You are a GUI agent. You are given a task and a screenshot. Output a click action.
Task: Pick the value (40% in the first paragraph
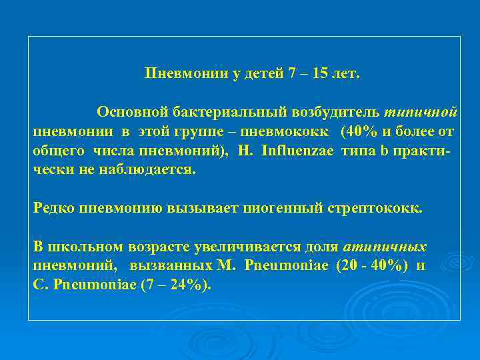(359, 130)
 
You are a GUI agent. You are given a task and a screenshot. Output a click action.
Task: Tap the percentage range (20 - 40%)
(373, 265)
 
